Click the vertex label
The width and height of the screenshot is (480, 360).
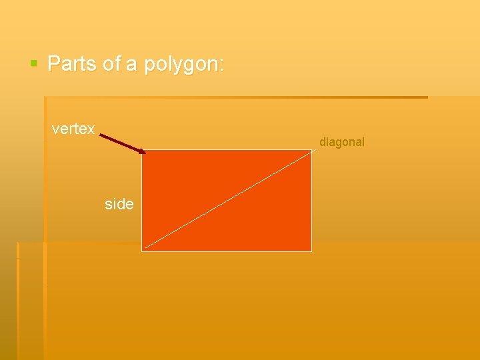[73, 129]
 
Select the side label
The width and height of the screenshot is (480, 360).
[119, 204]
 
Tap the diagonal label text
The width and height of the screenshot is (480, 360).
[342, 142]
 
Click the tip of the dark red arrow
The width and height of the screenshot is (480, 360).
[145, 153]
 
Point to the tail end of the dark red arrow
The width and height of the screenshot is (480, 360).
[101, 135]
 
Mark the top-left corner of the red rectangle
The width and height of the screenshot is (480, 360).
[143, 150]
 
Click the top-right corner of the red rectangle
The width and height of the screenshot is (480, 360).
[311, 150]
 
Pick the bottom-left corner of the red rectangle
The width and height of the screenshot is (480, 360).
[143, 251]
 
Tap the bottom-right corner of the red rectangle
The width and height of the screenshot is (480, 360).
[311, 251]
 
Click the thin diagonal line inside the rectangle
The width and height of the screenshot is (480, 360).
[227, 201]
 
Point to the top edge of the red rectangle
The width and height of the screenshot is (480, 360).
[227, 150]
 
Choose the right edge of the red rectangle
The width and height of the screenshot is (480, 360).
[311, 200]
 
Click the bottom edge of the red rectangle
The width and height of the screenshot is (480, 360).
[227, 251]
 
